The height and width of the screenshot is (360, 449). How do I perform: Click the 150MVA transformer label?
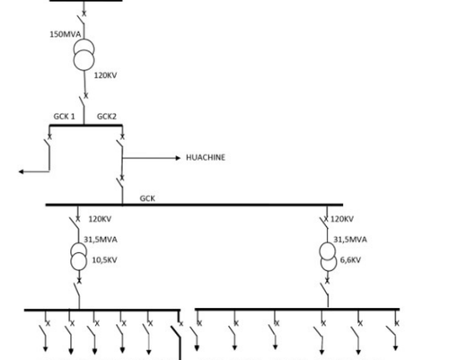(66, 34)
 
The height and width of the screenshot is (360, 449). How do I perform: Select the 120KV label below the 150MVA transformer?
(105, 75)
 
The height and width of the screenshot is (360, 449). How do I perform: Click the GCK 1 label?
(64, 117)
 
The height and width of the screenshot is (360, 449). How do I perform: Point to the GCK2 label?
(107, 117)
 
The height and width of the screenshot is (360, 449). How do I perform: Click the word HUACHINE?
(206, 157)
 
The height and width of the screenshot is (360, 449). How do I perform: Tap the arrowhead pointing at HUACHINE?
(178, 158)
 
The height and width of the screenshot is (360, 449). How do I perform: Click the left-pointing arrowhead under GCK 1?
(22, 171)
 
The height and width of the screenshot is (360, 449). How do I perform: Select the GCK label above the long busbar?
(147, 198)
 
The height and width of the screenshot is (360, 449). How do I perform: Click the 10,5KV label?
(104, 260)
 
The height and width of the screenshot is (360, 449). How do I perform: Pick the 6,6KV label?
(350, 260)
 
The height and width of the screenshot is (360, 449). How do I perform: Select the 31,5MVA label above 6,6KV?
(350, 240)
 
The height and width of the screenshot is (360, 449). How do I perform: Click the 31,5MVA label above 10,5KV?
(101, 240)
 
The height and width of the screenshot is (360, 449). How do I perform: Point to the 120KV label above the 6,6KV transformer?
(342, 219)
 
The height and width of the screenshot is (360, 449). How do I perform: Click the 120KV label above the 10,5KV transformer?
(100, 219)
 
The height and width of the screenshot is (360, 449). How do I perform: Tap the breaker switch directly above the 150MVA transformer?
(82, 19)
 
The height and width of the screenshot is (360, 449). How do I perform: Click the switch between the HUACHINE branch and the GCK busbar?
(120, 183)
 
